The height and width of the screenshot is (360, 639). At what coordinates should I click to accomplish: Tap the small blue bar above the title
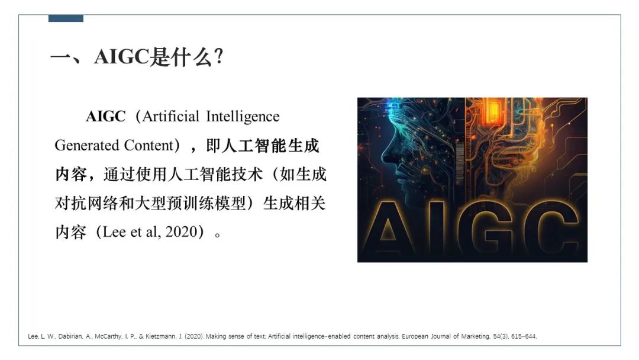66,18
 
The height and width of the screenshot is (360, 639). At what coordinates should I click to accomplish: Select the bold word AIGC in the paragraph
106,116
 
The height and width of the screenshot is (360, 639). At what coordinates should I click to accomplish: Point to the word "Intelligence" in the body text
243,116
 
